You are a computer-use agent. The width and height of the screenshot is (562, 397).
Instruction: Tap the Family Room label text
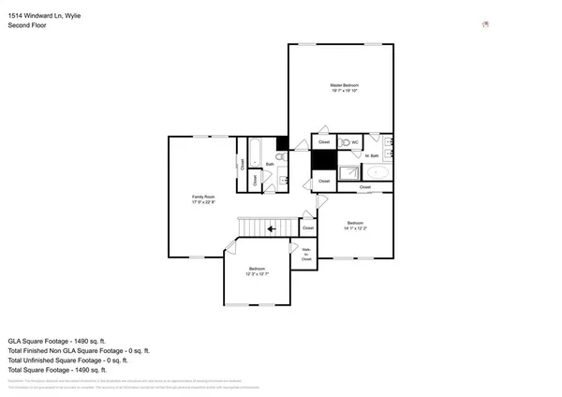[x=203, y=196]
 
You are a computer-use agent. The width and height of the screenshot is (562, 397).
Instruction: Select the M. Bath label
[x=373, y=155]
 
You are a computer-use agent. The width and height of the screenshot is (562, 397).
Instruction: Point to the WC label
[x=356, y=142]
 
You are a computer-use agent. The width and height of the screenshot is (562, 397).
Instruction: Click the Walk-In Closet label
[x=306, y=253]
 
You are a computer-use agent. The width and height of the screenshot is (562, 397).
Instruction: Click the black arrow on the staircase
[x=272, y=228]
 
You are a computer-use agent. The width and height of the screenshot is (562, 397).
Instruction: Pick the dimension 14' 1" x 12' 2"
[x=355, y=228]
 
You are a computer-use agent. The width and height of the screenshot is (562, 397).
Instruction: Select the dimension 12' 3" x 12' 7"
[x=258, y=274]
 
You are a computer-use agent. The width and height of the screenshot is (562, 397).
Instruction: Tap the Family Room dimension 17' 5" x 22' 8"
[x=203, y=201]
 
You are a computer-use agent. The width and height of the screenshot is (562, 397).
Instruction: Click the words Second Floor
[x=27, y=25]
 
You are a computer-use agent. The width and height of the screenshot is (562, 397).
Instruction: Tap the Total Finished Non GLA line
[x=79, y=350]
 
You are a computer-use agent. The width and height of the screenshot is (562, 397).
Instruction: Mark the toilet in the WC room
[x=345, y=142]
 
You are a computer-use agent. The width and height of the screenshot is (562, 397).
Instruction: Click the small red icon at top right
[x=485, y=24]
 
